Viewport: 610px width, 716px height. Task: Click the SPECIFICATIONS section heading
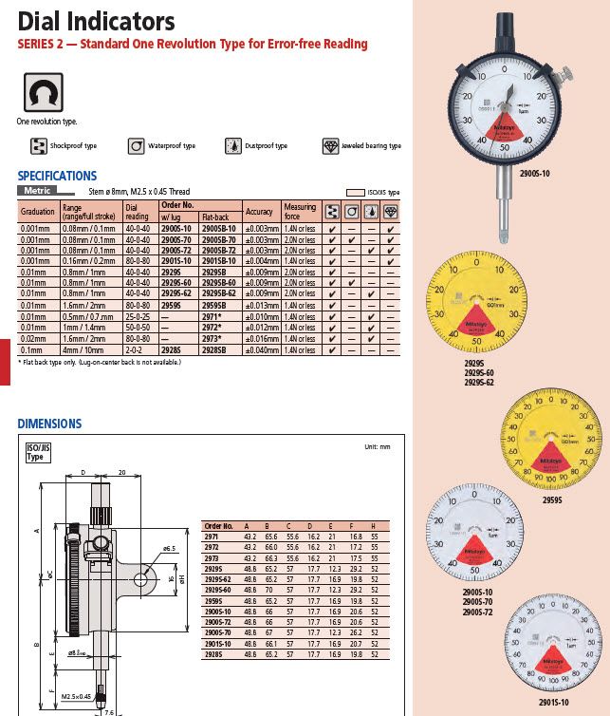point(57,176)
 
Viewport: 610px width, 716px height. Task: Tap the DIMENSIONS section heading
point(49,424)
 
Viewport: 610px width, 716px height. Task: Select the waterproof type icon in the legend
point(137,146)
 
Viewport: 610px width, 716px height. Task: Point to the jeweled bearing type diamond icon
point(330,146)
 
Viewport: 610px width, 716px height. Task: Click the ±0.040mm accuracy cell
point(259,350)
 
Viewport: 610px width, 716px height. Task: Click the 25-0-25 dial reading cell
point(138,316)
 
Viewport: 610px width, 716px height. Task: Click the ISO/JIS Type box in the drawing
point(36,453)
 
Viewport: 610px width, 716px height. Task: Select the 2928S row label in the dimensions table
point(218,654)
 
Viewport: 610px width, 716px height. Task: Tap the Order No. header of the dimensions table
point(219,525)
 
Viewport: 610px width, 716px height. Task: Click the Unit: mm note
point(377,446)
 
